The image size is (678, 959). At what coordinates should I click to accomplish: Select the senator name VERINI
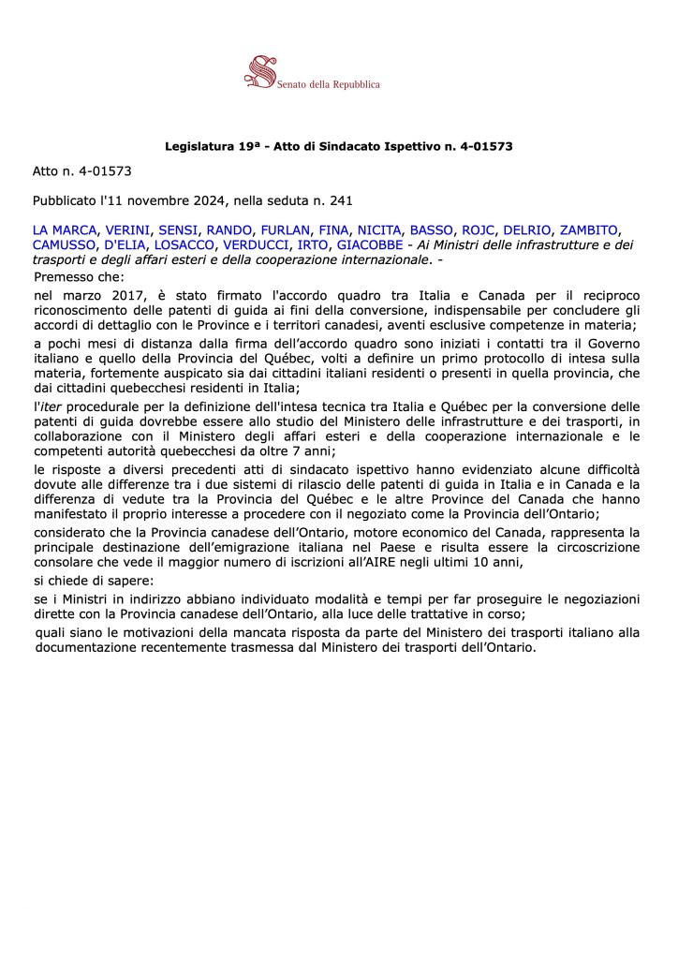point(125,230)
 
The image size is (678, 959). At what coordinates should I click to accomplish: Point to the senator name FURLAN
point(285,230)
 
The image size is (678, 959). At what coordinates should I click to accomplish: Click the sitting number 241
point(340,199)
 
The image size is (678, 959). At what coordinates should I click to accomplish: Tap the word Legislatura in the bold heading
point(197,146)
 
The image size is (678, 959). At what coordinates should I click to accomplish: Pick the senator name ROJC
point(478,230)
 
